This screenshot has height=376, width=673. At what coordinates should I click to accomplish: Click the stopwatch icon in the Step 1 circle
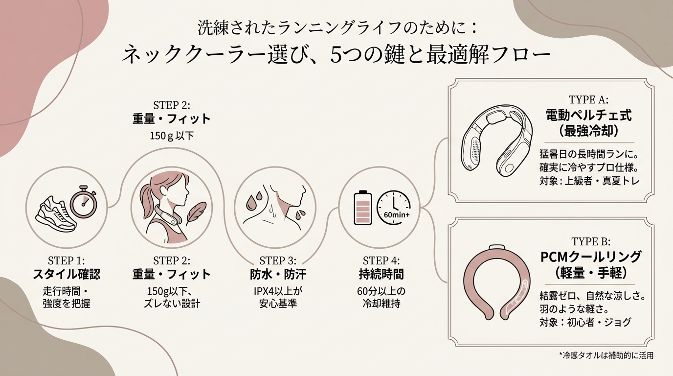(x=84, y=202)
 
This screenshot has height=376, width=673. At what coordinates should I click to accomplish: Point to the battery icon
(x=363, y=208)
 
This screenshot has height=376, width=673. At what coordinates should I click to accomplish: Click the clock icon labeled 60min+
(x=394, y=208)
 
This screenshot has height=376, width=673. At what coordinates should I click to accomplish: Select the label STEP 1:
(x=66, y=260)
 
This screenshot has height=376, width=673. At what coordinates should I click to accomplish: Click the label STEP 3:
(x=278, y=260)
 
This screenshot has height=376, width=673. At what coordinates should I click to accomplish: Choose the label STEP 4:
(x=381, y=260)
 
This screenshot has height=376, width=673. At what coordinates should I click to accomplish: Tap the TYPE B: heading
(x=591, y=241)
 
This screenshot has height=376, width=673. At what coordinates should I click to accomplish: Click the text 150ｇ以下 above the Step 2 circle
(x=172, y=136)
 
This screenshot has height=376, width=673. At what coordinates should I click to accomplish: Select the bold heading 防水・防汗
(x=278, y=274)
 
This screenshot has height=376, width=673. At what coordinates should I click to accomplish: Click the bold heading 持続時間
(x=381, y=274)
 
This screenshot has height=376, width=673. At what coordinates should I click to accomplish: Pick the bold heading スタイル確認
(x=66, y=274)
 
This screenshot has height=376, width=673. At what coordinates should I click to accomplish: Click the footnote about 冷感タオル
(x=606, y=355)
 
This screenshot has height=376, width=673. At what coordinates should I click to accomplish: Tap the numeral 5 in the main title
(x=336, y=55)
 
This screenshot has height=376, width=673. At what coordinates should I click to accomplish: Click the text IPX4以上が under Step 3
(x=278, y=291)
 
